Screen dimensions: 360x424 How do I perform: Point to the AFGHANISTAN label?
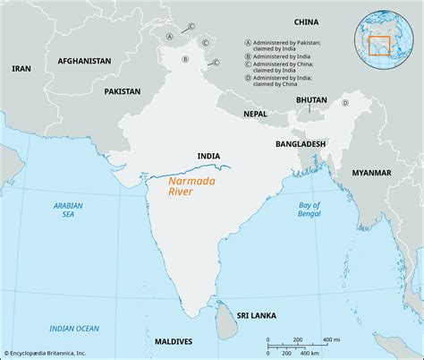click(x=84, y=61)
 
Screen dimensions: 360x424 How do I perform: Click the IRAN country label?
click(x=21, y=68)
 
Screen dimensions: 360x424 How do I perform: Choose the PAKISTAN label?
click(x=122, y=91)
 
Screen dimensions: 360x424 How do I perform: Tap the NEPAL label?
click(x=255, y=114)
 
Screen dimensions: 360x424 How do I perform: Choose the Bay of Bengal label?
click(x=332, y=212)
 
